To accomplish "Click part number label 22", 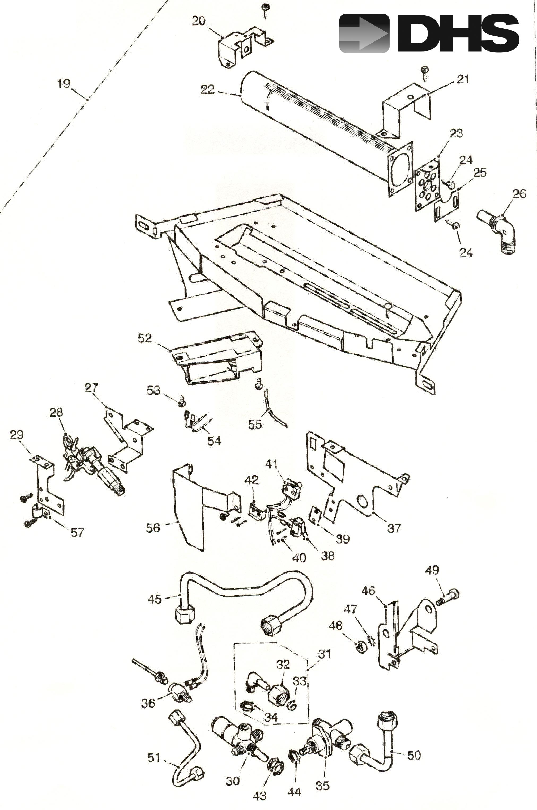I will [x=207, y=90].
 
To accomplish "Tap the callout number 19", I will [x=64, y=84].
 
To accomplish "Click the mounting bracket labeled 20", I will [x=240, y=48].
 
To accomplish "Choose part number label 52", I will [x=144, y=338].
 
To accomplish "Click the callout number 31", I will [x=325, y=654].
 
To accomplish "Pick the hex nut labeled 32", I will [x=278, y=694].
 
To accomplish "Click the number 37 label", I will [x=394, y=528].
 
